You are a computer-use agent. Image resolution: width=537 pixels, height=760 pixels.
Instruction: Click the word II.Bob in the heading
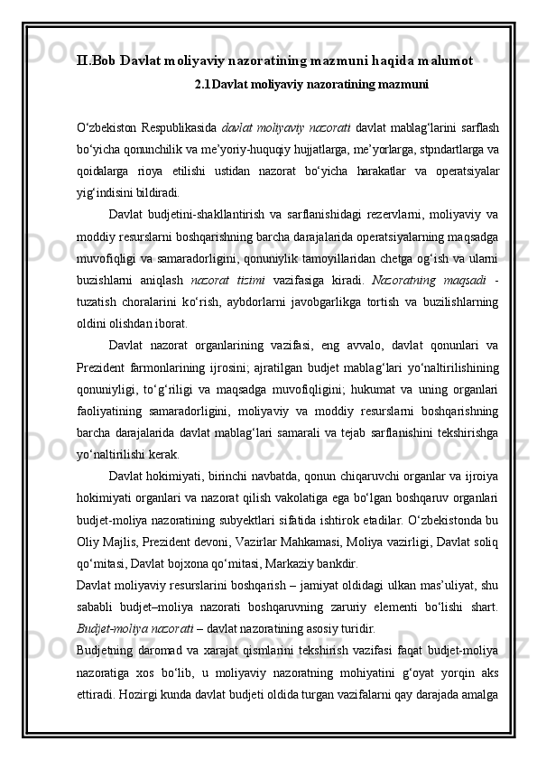click(x=96, y=60)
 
